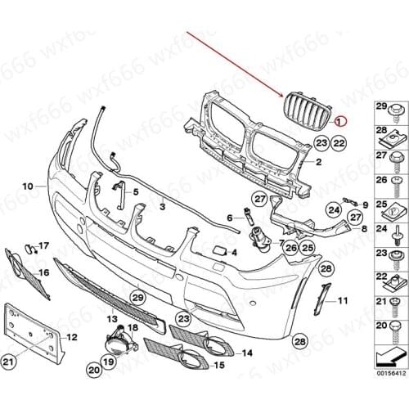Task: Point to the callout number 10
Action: point(28,187)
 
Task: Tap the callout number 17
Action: point(43,245)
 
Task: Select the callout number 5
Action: point(135,191)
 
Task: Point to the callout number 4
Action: point(234,254)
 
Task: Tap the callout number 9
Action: point(365,203)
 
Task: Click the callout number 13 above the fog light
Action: point(111,317)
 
